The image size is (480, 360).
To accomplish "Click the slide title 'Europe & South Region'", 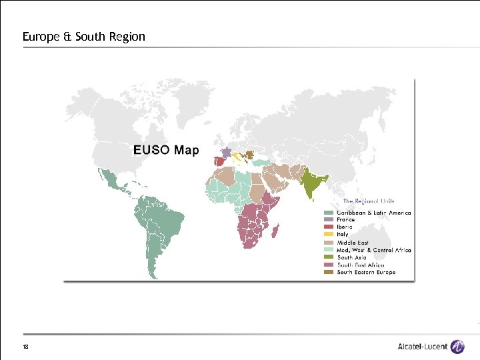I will pos(83,37).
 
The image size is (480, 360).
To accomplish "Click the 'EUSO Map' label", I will pos(166,150).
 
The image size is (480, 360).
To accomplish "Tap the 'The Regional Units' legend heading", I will pos(369,201).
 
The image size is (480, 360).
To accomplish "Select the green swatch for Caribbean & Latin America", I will pos(328,213).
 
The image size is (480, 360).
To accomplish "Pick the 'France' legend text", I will pos(346,220).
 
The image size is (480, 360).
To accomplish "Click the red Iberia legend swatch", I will pos(328,227).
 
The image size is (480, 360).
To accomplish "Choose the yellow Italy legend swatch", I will pos(328,235).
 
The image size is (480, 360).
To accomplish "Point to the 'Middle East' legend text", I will pos(353,243).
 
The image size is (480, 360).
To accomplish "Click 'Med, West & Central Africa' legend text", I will pos(374,250).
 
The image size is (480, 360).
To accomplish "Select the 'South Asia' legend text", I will pos(351,257).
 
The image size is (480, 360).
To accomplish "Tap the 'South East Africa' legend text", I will pos(361,265).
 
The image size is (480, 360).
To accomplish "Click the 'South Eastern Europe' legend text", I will pos(366,272).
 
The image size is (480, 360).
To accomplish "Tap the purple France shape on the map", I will pos(227,153).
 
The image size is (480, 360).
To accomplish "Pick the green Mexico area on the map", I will pos(109,179).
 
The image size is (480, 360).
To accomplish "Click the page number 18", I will pos(25,347).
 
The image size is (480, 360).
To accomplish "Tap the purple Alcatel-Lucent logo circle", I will pos(457,347).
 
